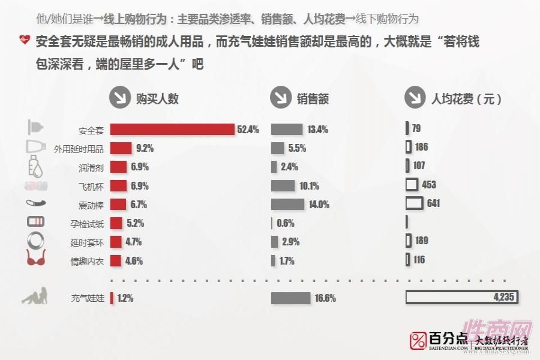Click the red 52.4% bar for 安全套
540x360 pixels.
click(172, 130)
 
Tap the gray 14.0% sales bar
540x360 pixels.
click(288, 204)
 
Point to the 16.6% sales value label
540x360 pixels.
click(325, 298)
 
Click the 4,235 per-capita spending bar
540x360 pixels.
click(461, 298)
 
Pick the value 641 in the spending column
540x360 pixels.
click(433, 203)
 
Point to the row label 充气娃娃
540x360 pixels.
click(87, 298)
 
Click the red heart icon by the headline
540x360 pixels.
click(25, 41)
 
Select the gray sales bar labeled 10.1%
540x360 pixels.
click(283, 186)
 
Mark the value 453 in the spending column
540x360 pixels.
click(428, 185)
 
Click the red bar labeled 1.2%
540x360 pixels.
click(112, 298)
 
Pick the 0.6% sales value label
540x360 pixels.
click(286, 223)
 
